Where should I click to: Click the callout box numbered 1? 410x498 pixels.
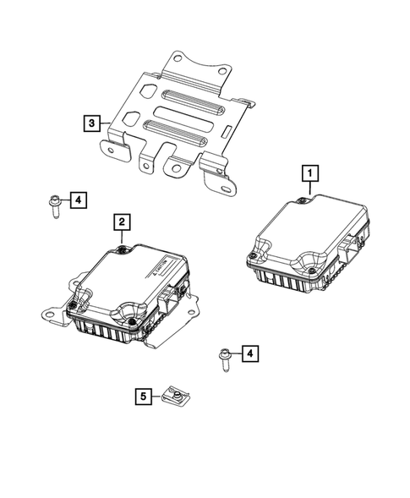(x=312, y=174)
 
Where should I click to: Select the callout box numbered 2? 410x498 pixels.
(x=123, y=222)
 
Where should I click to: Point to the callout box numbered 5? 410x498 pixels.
(x=143, y=395)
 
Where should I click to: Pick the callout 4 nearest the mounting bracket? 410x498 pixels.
(x=77, y=200)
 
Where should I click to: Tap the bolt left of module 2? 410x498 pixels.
(x=54, y=204)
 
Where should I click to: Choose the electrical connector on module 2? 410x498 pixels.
(x=176, y=300)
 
